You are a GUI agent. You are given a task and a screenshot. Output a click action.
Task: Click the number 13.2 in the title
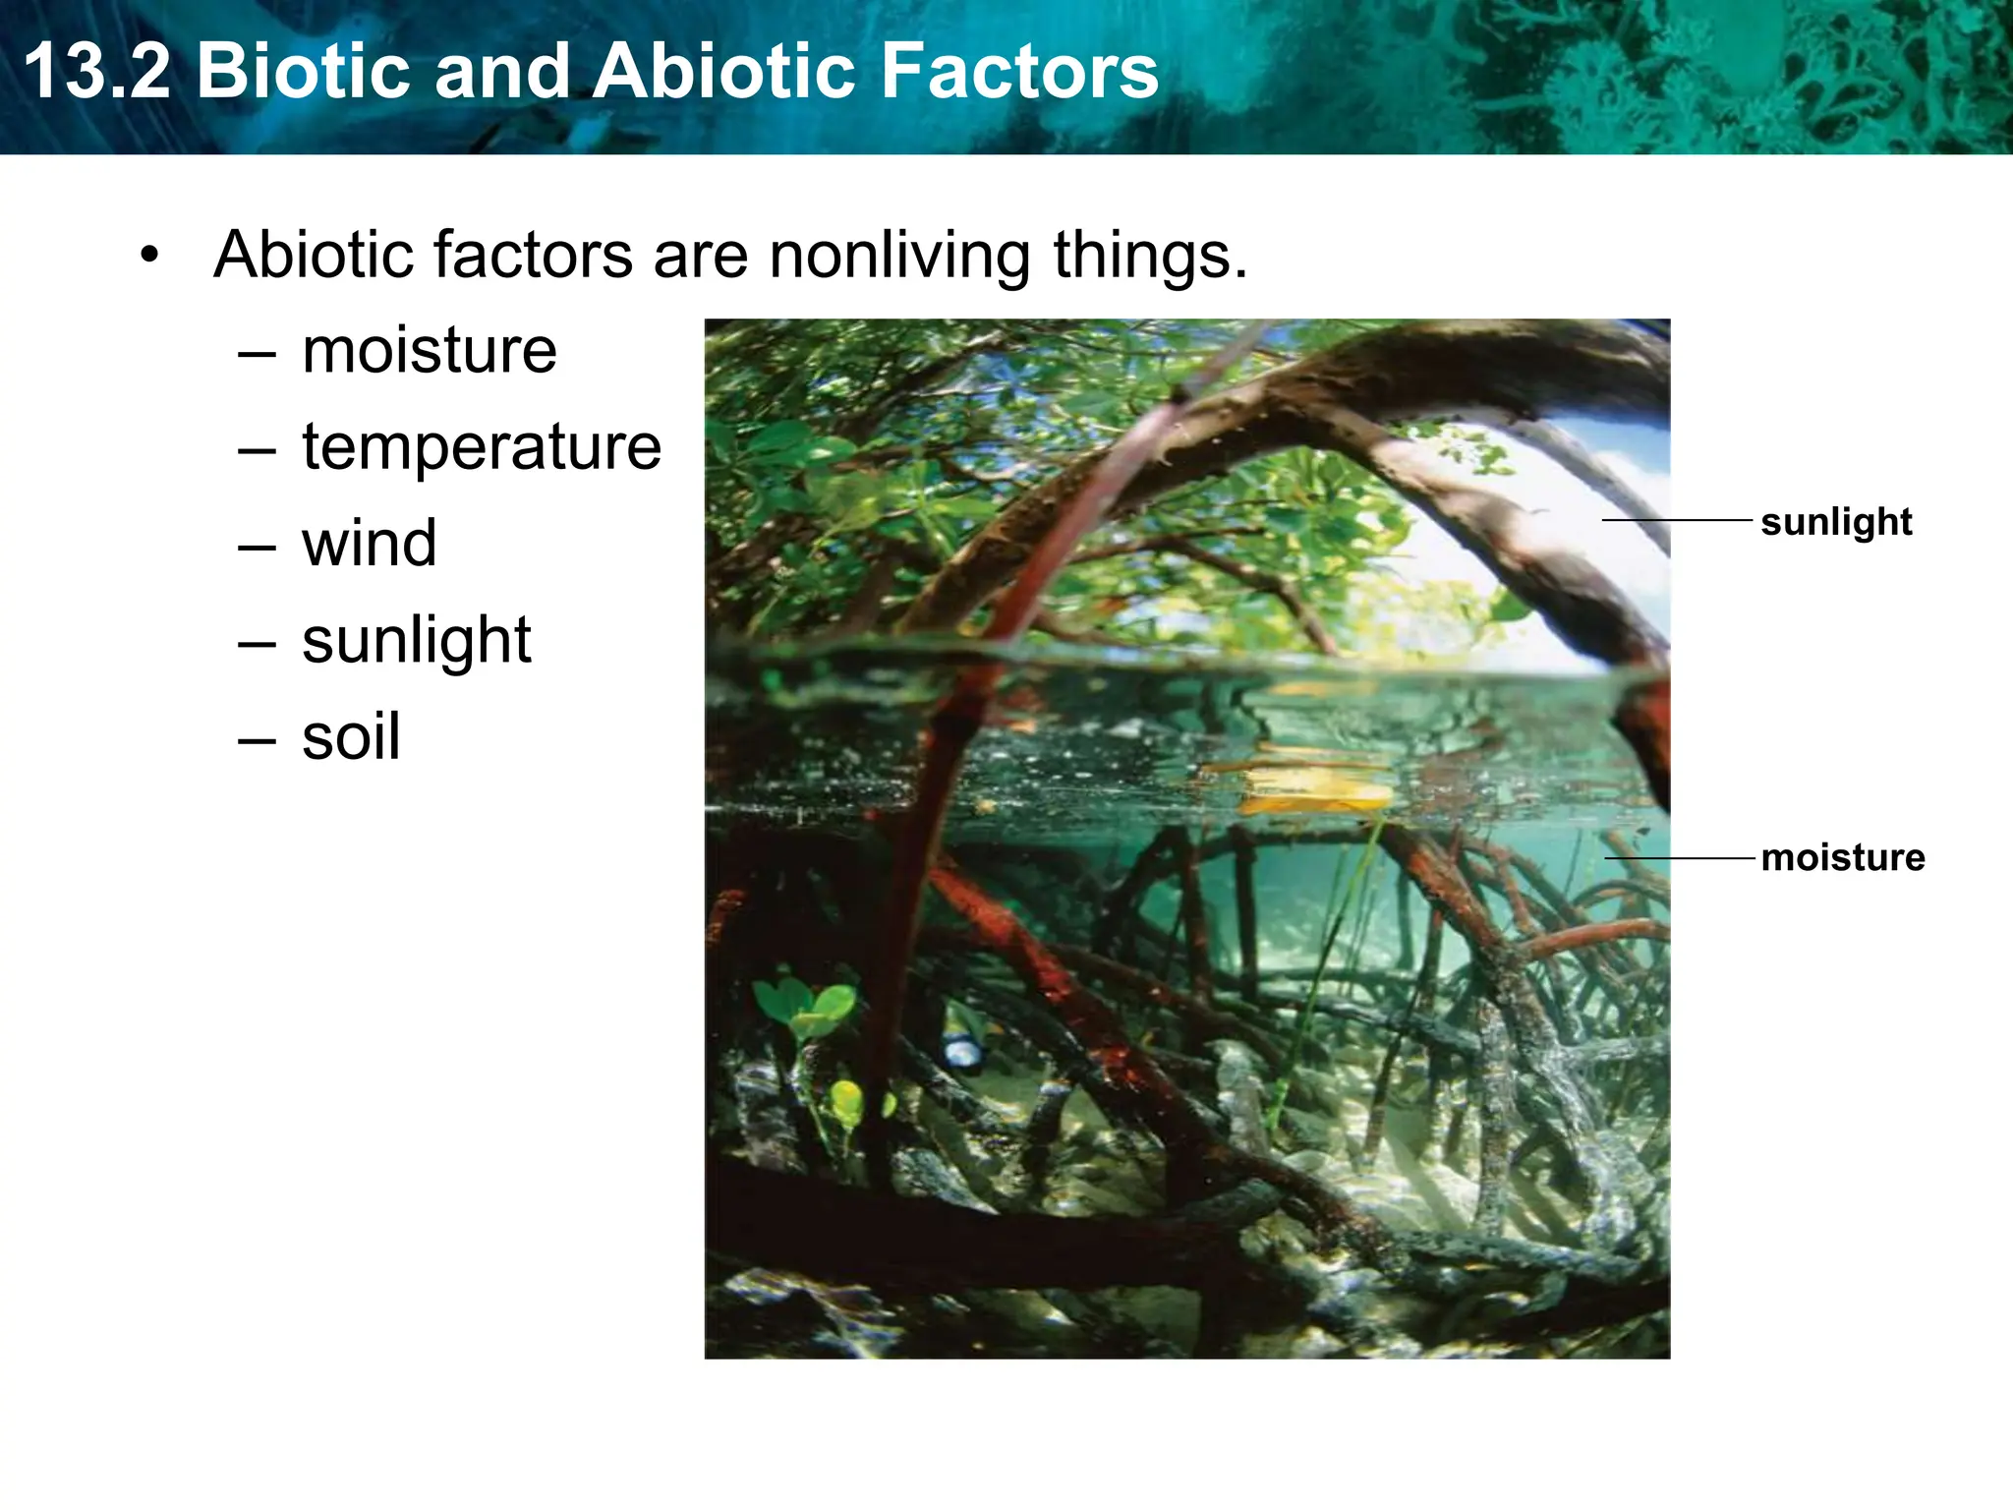pos(96,72)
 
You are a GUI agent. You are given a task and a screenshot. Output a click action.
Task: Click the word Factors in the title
pos(1017,72)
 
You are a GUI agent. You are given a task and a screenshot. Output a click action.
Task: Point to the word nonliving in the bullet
pos(899,256)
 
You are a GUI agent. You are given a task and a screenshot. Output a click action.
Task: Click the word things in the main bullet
pos(1150,256)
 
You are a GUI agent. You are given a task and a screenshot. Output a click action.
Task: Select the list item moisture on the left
pos(430,351)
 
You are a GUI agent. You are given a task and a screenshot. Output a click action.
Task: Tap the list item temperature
pos(482,447)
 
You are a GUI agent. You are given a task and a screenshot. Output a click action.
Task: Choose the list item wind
pos(370,544)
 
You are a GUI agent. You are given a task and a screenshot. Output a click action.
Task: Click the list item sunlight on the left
pos(417,641)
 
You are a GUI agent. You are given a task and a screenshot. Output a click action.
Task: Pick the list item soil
pos(351,737)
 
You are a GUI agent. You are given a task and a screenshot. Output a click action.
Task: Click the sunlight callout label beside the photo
pos(1836,522)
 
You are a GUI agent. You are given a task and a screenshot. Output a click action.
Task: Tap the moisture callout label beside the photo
pos(1843,858)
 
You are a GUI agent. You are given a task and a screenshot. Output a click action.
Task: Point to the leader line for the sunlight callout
pos(1677,520)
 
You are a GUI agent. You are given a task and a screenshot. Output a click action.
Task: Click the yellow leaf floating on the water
pos(1312,791)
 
